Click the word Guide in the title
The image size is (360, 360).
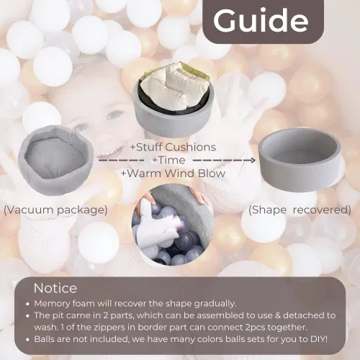(261, 20)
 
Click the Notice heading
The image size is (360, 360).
(55, 288)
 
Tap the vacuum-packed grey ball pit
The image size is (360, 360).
(55, 160)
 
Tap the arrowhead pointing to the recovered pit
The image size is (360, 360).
(253, 160)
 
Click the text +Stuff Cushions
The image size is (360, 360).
(173, 147)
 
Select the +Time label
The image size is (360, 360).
(168, 160)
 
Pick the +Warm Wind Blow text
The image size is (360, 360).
(173, 174)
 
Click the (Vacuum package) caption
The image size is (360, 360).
(55, 210)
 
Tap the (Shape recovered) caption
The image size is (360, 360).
(300, 210)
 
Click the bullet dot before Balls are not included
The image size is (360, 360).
(28, 340)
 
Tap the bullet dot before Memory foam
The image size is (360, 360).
(28, 304)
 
